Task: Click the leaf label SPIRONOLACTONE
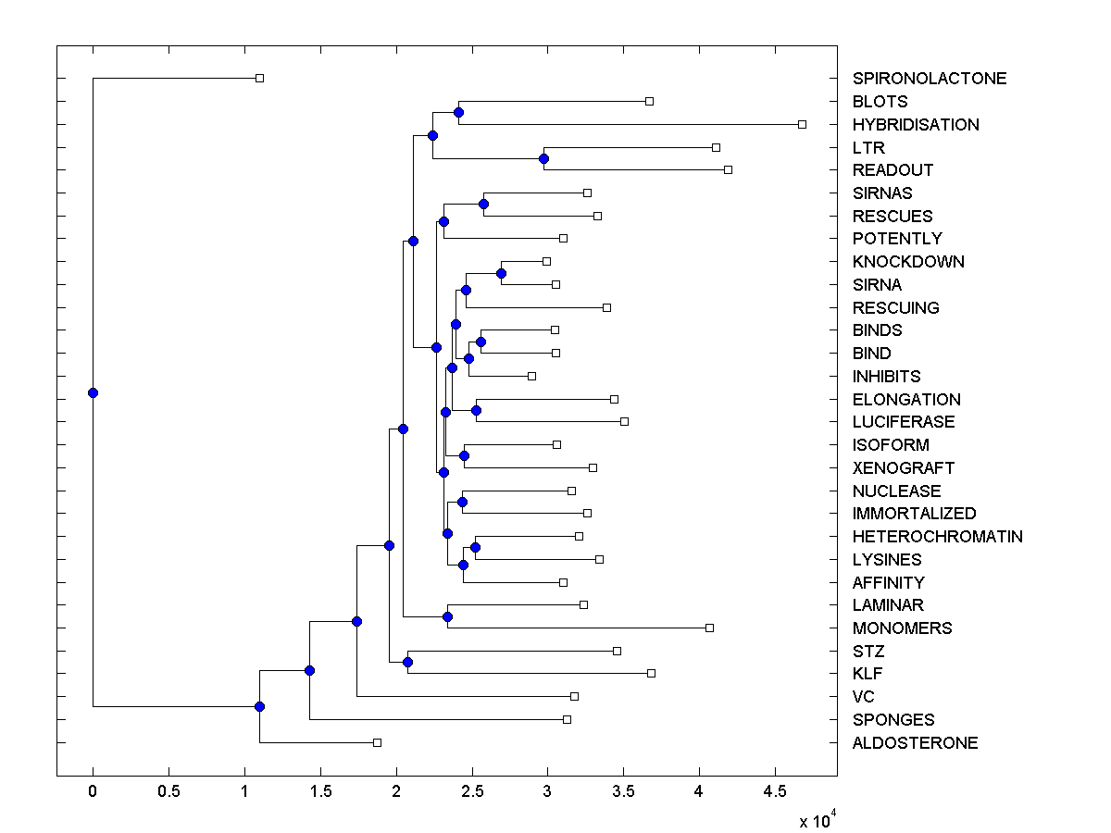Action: (x=929, y=79)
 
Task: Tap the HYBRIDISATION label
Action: (x=916, y=125)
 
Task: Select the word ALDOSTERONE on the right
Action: (x=915, y=743)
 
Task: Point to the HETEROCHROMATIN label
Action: (x=937, y=537)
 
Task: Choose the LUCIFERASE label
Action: (x=904, y=422)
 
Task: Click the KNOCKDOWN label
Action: (x=908, y=262)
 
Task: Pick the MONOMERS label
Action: (x=902, y=628)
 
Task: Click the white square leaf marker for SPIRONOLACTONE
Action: (x=259, y=78)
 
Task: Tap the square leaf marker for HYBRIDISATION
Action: (x=802, y=124)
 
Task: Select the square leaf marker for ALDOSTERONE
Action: (x=377, y=742)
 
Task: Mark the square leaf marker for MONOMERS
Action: (x=709, y=628)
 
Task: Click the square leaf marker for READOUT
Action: (x=728, y=169)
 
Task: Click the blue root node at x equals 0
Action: (x=93, y=392)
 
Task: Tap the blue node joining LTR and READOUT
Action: (x=543, y=158)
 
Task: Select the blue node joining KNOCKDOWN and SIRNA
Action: (x=501, y=273)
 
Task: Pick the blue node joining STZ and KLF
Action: (x=407, y=662)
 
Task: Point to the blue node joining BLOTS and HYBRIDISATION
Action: (x=458, y=112)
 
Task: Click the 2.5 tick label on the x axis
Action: (x=471, y=790)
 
